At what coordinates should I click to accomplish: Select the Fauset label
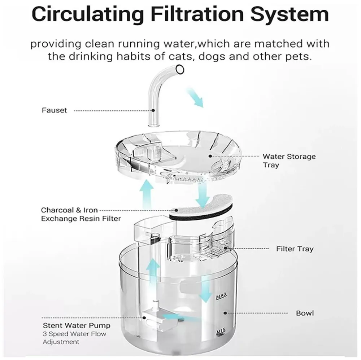tap(55, 110)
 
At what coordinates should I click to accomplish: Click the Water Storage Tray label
tap(288, 161)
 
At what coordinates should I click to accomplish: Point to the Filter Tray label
tap(295, 249)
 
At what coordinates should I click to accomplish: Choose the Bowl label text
tap(305, 313)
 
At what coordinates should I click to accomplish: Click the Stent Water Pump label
tap(77, 326)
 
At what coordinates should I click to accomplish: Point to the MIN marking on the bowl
tap(221, 330)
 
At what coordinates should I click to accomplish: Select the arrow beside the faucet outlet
tap(195, 98)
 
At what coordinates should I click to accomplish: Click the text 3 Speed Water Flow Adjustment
tap(75, 338)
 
